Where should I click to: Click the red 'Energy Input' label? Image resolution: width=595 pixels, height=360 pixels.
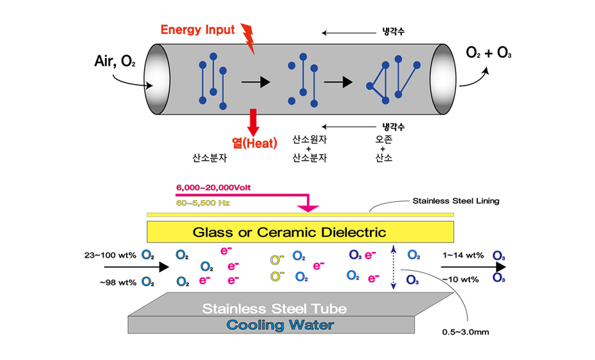coord(197,30)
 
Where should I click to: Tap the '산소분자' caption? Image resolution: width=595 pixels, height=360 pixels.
coord(208,156)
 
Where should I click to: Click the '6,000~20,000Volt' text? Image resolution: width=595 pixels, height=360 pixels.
coord(213,188)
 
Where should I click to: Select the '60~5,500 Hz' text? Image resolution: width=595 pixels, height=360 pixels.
coord(203,203)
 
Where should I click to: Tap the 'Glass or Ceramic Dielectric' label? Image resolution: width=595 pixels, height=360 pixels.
coord(289,232)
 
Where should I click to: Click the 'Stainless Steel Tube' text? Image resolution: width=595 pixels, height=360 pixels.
coord(275,309)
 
